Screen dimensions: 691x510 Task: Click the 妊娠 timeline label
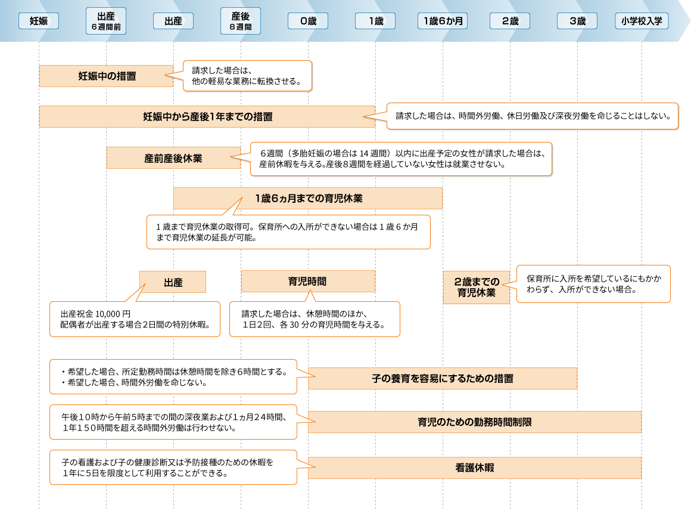[x=39, y=21]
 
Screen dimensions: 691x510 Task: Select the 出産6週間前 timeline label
[x=106, y=21]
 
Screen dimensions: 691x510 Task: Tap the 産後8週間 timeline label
[x=241, y=21]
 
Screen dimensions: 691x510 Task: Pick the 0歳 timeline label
[x=308, y=21]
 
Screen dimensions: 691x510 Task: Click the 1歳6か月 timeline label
[x=443, y=21]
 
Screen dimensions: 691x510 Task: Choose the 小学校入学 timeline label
[x=642, y=21]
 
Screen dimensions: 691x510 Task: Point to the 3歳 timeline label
[x=577, y=21]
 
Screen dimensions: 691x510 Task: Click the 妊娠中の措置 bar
[x=106, y=76]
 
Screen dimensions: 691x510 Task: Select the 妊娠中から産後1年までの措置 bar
[x=207, y=116]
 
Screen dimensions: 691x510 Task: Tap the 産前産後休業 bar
[x=173, y=158]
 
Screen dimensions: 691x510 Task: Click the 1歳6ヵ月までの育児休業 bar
[x=308, y=199]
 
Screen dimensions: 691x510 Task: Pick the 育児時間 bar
[x=308, y=282]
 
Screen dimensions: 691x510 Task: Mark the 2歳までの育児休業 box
[x=477, y=287]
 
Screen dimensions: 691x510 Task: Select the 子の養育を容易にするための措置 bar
[x=443, y=379]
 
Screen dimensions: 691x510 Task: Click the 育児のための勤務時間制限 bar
[x=475, y=422]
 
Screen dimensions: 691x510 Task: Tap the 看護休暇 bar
[x=475, y=468]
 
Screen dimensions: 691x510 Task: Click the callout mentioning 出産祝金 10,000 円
[x=135, y=319]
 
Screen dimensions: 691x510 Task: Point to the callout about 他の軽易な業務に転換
[x=247, y=76]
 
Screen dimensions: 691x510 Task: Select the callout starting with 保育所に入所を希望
[x=593, y=284]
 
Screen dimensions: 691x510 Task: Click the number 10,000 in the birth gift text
[x=107, y=314]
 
